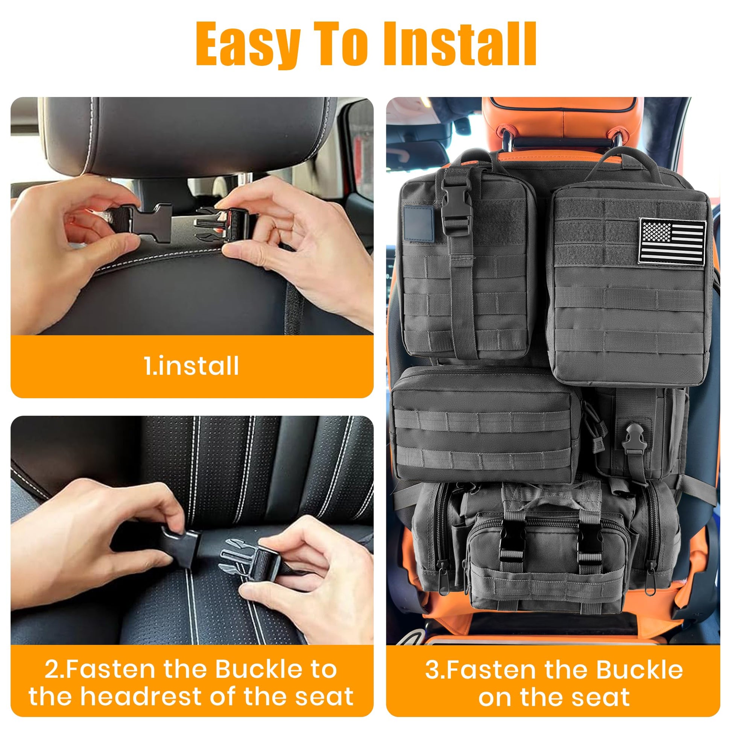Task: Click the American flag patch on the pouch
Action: [x=672, y=241]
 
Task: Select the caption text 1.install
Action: [x=192, y=366]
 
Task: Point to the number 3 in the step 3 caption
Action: [x=433, y=670]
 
